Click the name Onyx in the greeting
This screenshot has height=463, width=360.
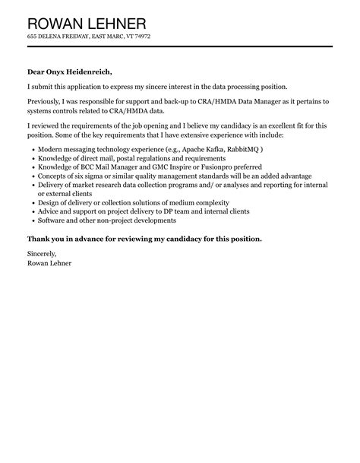[57, 72]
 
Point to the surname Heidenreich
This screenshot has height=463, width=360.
[92, 72]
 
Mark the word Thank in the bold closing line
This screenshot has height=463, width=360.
[41, 239]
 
